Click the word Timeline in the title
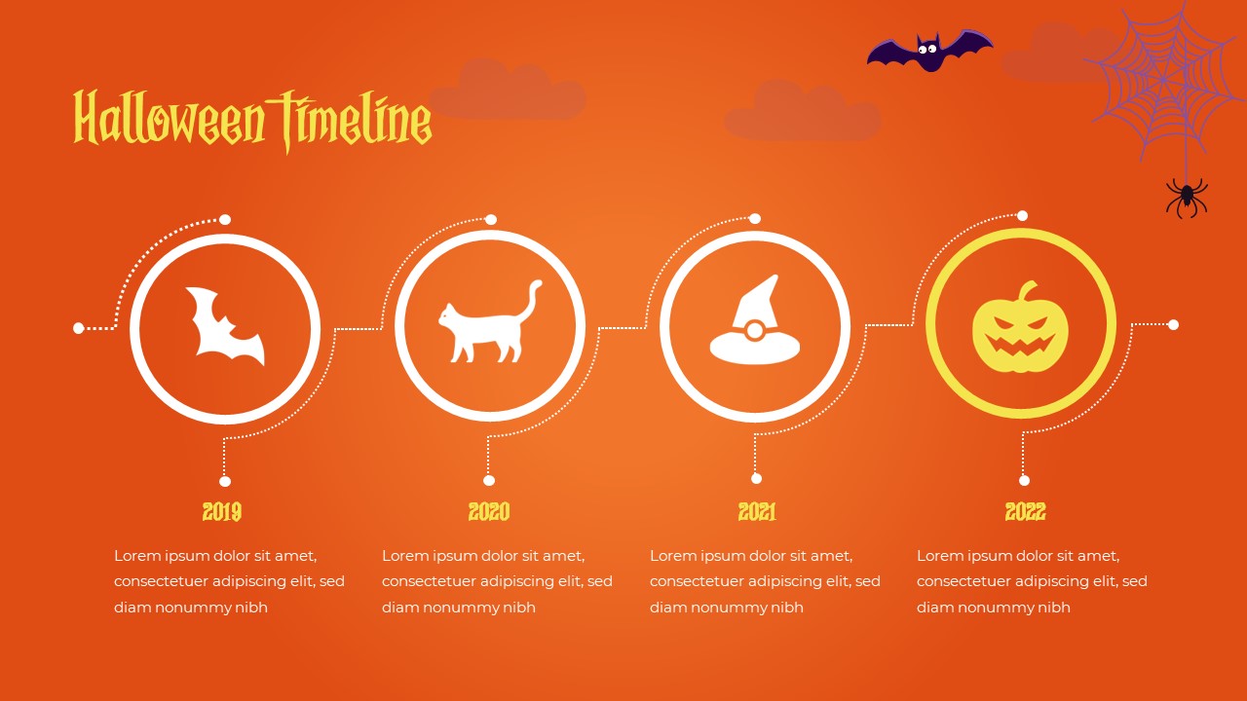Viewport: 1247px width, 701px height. pos(353,120)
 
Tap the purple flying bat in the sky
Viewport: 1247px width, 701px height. pos(929,51)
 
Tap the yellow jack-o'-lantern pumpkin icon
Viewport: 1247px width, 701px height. pos(1020,328)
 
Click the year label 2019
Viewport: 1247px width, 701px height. pos(222,511)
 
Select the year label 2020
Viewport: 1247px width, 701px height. pos(489,511)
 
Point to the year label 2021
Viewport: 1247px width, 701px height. pos(757,511)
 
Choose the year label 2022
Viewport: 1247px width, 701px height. pos(1025,511)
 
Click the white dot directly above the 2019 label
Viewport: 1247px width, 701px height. pos(225,481)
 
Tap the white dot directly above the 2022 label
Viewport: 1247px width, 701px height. pos(1024,480)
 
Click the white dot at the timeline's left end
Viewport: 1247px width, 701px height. pos(79,328)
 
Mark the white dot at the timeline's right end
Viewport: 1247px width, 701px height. pos(1173,324)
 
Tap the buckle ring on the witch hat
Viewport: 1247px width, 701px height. pos(754,331)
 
